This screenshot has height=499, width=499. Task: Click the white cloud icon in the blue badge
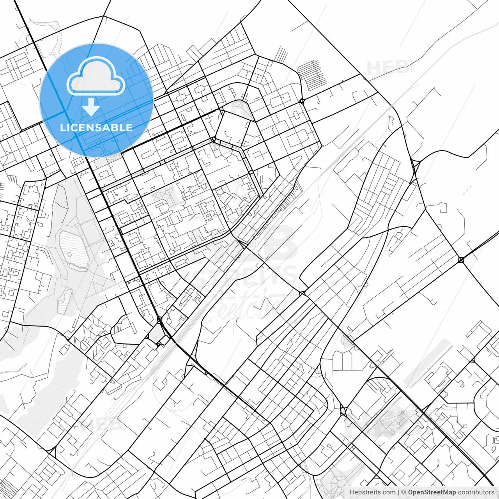click(96, 76)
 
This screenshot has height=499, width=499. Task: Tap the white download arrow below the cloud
click(91, 108)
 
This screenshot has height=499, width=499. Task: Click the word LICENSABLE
click(96, 127)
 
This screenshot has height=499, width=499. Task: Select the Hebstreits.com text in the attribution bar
click(372, 492)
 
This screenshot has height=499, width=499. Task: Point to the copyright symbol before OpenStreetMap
click(404, 492)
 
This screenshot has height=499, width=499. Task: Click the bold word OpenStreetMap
click(432, 492)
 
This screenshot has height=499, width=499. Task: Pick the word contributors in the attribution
click(476, 492)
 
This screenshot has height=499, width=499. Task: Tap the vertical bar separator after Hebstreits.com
click(398, 492)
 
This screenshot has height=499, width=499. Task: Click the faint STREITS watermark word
click(246, 276)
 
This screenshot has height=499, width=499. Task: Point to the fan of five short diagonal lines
click(281, 55)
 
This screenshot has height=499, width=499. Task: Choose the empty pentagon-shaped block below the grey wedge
click(232, 129)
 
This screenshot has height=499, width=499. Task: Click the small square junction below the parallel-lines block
click(302, 101)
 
